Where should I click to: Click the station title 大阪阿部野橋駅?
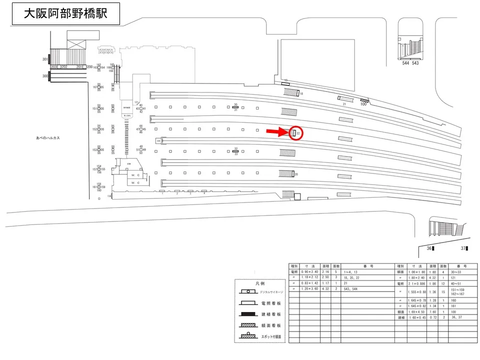pos(65,13)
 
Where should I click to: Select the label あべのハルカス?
pos(48,138)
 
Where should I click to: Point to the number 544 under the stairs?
pos(405,63)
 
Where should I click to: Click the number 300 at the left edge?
pos(45,76)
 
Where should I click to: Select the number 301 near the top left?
pos(45,59)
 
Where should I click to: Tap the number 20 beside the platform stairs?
pos(296,174)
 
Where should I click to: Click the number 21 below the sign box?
pos(345,103)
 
